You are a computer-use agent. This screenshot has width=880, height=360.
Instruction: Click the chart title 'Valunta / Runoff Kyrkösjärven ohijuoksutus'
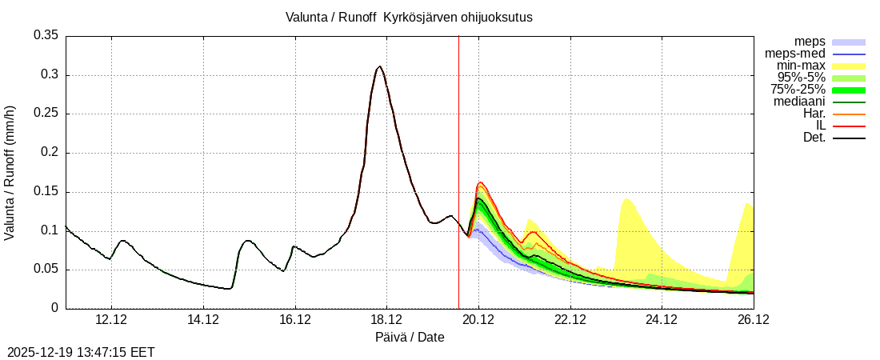(x=409, y=17)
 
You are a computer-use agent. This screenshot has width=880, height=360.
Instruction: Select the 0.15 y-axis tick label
(x=46, y=192)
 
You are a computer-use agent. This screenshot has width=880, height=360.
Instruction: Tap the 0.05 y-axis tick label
(x=46, y=270)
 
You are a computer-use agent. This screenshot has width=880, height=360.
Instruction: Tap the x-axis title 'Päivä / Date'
(x=410, y=338)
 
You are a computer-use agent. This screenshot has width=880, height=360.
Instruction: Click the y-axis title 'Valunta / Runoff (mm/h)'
(x=10, y=172)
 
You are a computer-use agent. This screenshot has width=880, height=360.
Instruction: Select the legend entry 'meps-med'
(x=794, y=54)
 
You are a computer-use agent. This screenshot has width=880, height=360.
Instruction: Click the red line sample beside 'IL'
(x=849, y=126)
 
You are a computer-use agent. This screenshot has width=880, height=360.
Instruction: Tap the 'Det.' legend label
(x=814, y=138)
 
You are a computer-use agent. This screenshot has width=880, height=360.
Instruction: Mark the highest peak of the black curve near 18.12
(x=379, y=66)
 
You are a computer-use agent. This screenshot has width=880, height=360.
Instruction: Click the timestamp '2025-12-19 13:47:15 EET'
(x=81, y=352)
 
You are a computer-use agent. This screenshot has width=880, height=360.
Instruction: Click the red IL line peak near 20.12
(x=481, y=182)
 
